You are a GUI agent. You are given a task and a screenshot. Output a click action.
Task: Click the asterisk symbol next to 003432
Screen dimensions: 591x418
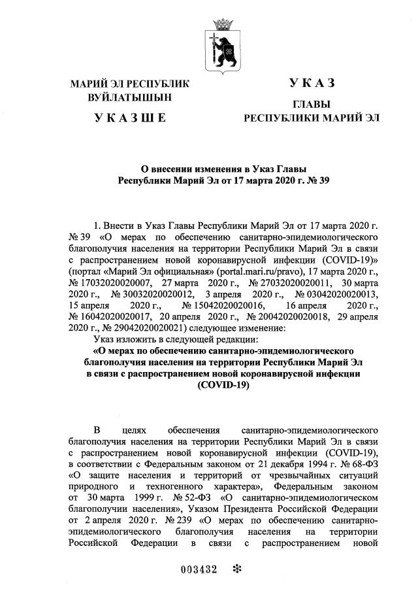(x=237, y=568)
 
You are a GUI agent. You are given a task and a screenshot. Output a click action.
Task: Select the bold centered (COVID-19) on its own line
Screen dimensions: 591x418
(x=223, y=386)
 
